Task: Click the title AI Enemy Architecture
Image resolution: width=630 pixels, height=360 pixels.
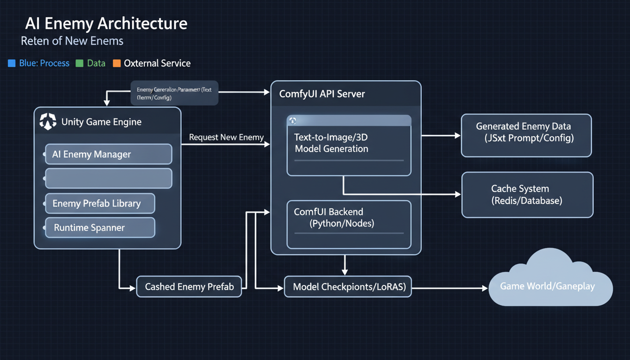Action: pyautogui.click(x=106, y=23)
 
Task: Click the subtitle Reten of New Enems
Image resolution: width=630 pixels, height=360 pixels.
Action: pyautogui.click(x=72, y=41)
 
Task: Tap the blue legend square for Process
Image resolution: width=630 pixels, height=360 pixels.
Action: pyautogui.click(x=12, y=63)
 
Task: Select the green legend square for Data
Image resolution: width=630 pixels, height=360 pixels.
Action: pyautogui.click(x=79, y=63)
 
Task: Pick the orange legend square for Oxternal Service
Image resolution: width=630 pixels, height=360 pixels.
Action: pyautogui.click(x=117, y=63)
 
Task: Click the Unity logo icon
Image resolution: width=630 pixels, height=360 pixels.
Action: pyautogui.click(x=48, y=121)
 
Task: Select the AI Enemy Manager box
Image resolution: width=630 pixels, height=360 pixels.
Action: pyautogui.click(x=108, y=154)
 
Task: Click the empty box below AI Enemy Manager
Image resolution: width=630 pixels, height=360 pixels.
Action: pyautogui.click(x=108, y=179)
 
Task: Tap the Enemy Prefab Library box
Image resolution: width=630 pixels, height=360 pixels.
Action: pyautogui.click(x=100, y=203)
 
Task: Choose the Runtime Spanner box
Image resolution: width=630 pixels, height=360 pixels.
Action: pyautogui.click(x=100, y=228)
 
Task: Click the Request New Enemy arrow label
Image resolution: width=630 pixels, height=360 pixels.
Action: pyautogui.click(x=226, y=137)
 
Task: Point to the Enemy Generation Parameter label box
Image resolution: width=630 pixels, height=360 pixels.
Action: pyautogui.click(x=174, y=93)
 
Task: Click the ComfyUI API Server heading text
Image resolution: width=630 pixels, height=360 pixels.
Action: pyautogui.click(x=322, y=94)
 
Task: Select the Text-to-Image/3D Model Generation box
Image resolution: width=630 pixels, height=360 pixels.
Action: pyautogui.click(x=349, y=145)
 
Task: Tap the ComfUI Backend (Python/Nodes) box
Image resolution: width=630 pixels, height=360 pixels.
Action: pyautogui.click(x=349, y=224)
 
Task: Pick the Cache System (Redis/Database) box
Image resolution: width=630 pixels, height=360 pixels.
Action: pyautogui.click(x=527, y=195)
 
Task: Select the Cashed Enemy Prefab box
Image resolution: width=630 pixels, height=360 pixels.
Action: pyautogui.click(x=189, y=286)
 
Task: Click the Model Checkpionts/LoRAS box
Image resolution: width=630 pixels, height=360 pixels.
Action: pyautogui.click(x=348, y=286)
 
